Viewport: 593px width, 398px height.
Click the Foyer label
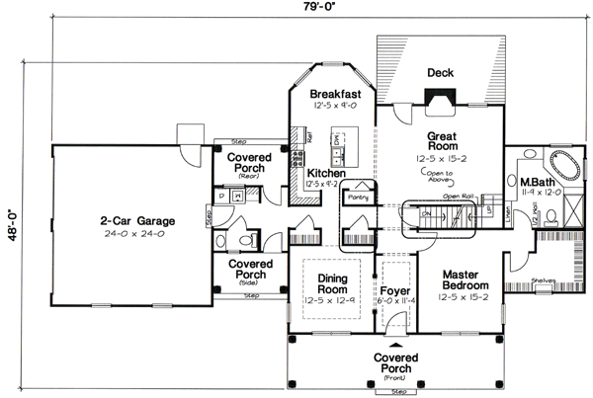click(x=395, y=292)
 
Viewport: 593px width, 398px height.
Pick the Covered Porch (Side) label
click(x=250, y=270)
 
